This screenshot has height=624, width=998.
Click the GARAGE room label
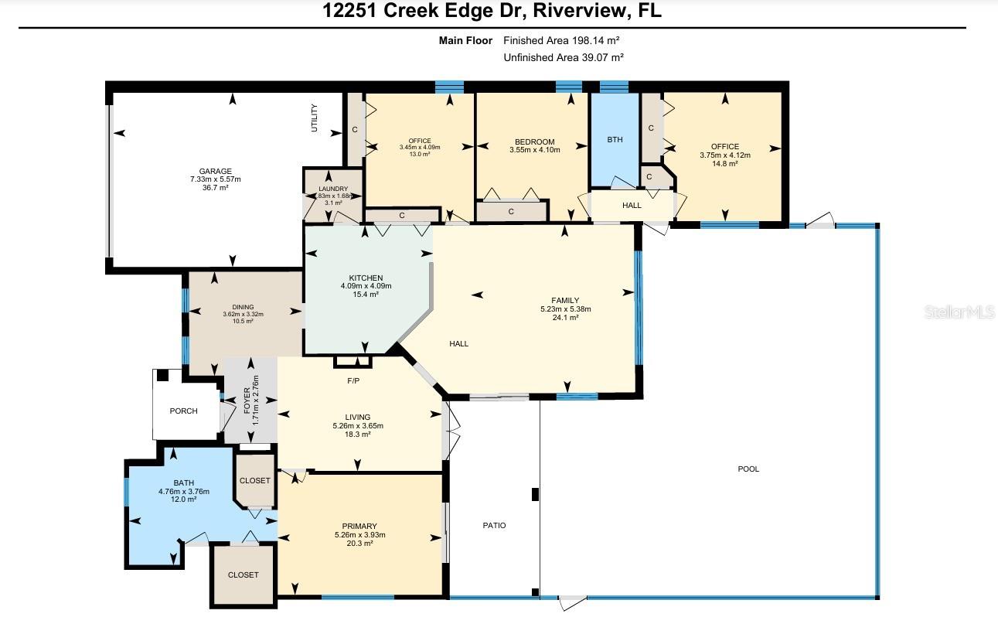point(215,172)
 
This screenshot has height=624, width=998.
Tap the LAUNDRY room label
point(333,189)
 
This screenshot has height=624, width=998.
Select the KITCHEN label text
point(366,278)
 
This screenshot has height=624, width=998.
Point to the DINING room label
point(243,307)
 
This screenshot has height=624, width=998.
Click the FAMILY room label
point(565,301)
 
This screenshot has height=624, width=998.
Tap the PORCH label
point(183,411)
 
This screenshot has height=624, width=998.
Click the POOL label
point(748,469)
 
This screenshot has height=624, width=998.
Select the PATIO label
point(494,526)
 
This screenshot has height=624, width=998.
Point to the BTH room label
point(614,140)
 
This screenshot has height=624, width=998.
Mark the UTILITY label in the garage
point(315,118)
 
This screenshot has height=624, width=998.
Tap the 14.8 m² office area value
point(724,163)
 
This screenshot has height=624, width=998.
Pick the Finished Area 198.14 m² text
point(561,39)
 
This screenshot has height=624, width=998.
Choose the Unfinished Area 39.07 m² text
point(563,57)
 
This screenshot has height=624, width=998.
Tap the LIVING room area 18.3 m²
point(357,435)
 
